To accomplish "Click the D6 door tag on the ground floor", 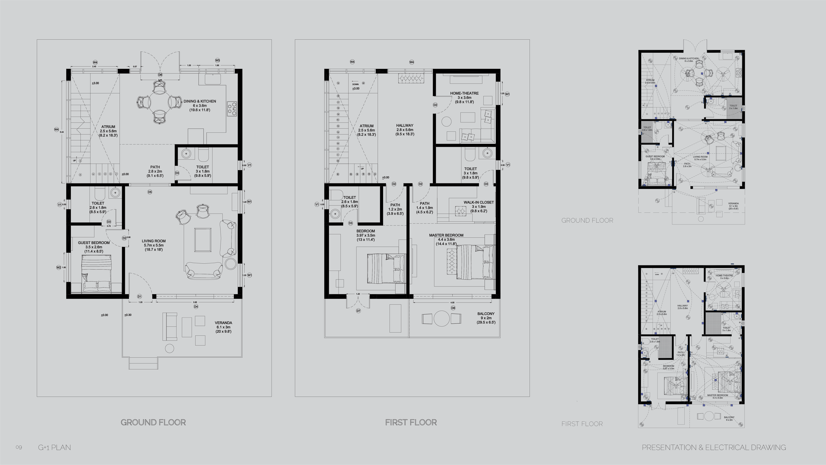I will point(160,75).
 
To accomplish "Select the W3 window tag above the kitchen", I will point(217,60).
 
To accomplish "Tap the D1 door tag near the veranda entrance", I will point(139,297).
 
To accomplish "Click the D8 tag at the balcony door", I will point(453,308).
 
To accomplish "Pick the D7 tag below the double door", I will point(358,311).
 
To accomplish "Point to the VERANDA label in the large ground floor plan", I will point(223,323).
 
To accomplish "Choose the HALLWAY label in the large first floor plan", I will point(405,125).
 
